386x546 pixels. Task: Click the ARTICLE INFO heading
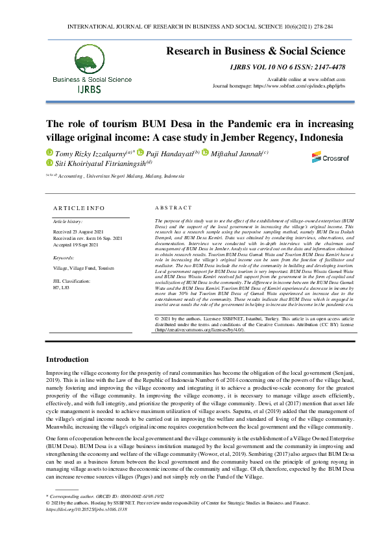(78, 208)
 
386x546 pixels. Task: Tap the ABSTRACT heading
(174, 208)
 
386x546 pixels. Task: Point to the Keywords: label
(64, 257)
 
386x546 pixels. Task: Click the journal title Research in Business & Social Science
(256, 51)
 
